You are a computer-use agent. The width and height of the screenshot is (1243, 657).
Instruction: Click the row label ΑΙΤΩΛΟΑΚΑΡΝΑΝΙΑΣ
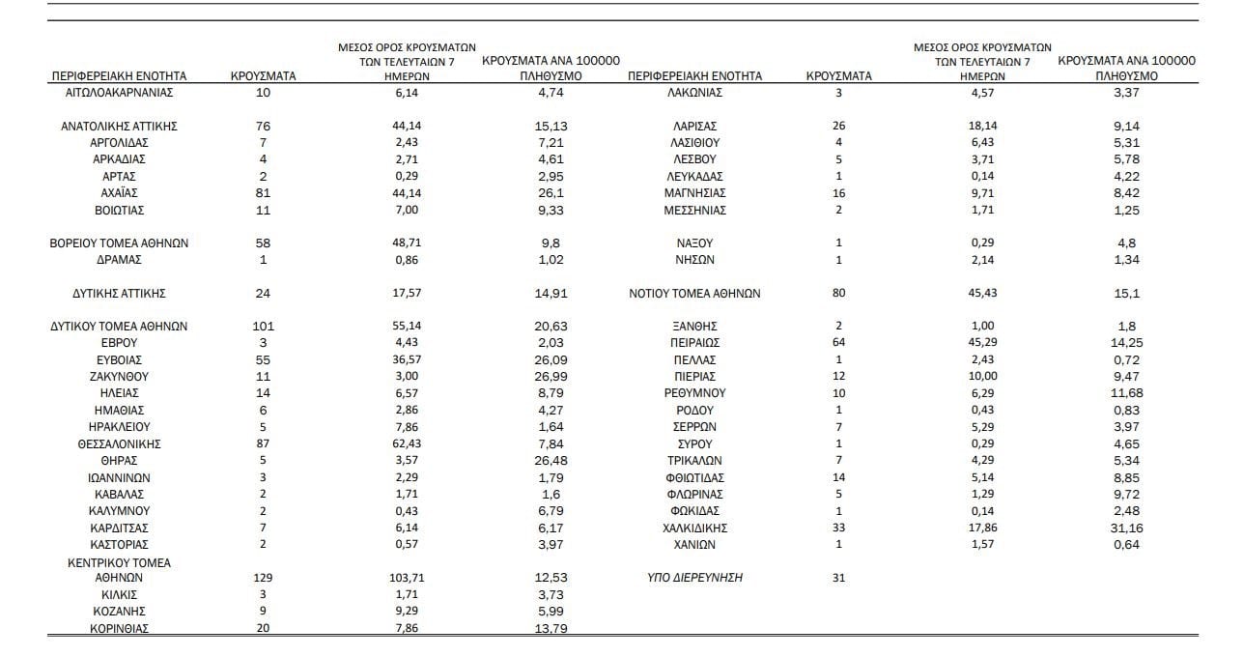(x=119, y=93)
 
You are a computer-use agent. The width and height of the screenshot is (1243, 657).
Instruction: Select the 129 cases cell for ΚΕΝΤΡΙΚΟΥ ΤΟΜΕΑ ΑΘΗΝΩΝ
(x=264, y=578)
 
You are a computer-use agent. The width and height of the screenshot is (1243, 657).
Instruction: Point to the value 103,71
(x=406, y=578)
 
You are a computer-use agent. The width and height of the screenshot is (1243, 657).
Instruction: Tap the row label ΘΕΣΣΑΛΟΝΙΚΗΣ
(x=119, y=443)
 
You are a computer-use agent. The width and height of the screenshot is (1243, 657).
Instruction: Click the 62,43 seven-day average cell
(x=406, y=443)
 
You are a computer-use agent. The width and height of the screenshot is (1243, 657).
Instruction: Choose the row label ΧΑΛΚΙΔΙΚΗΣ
(x=694, y=528)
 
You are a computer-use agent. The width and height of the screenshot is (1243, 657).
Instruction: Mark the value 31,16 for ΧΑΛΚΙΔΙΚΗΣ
(x=1126, y=528)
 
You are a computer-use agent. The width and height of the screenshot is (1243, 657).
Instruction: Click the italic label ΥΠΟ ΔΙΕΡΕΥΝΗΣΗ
(x=694, y=578)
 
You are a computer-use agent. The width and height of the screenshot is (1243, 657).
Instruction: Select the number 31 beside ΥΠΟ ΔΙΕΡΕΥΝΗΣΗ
(x=838, y=578)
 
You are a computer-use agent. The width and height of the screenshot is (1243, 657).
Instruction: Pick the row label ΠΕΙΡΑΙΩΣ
(x=694, y=343)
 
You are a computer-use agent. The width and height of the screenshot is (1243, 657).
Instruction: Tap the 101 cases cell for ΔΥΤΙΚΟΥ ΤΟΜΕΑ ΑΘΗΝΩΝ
(x=264, y=327)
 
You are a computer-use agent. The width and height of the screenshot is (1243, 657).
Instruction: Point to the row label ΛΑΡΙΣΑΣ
(x=694, y=126)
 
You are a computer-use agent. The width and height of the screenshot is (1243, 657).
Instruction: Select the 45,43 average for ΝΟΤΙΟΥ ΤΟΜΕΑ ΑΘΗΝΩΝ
(x=982, y=293)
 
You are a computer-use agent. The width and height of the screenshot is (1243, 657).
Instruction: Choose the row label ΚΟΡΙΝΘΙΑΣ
(x=119, y=628)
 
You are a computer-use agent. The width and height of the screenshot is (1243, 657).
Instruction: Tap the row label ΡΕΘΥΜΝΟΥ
(x=694, y=393)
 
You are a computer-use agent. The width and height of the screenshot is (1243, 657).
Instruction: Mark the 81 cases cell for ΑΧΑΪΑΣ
(x=264, y=193)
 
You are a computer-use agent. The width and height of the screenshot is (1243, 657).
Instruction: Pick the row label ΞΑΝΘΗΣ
(x=694, y=327)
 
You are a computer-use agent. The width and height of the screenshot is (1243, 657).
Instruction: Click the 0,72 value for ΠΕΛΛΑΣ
(x=1126, y=360)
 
